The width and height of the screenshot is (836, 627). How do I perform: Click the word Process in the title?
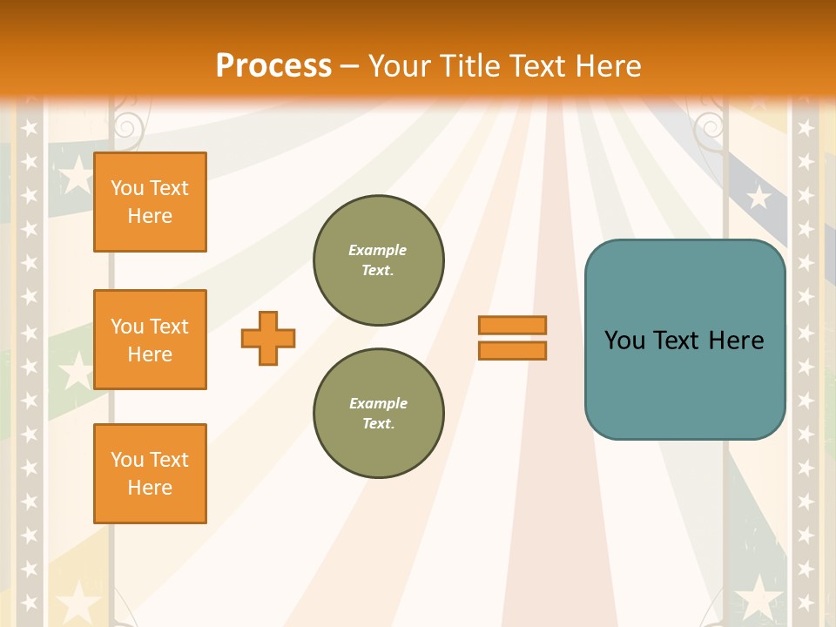[x=273, y=66]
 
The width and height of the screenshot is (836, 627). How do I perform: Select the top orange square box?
[x=150, y=202]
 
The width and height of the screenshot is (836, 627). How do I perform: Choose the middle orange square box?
[x=150, y=340]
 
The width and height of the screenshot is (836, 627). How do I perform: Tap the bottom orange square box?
[x=150, y=474]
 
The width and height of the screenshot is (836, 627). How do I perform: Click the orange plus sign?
[x=268, y=338]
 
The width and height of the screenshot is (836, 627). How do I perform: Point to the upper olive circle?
[x=379, y=260]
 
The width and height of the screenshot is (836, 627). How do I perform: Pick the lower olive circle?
[x=379, y=413]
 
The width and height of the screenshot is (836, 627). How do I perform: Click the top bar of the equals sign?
[x=512, y=325]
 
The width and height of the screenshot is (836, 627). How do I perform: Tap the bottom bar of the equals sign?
[x=512, y=350]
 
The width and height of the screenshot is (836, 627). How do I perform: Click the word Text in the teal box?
[x=674, y=340]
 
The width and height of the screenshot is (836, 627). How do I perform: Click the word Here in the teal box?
[x=736, y=340]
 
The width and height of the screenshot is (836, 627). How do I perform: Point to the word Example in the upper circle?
[x=378, y=250]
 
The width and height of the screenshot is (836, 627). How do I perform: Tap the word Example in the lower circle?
[x=378, y=403]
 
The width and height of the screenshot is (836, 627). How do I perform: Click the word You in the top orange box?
[x=127, y=188]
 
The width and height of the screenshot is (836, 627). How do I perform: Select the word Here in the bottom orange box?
[x=150, y=488]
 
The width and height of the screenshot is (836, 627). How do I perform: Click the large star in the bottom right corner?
[x=759, y=598]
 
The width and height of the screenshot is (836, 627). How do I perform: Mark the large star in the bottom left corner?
[x=79, y=600]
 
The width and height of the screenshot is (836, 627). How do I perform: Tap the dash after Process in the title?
[x=350, y=66]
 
